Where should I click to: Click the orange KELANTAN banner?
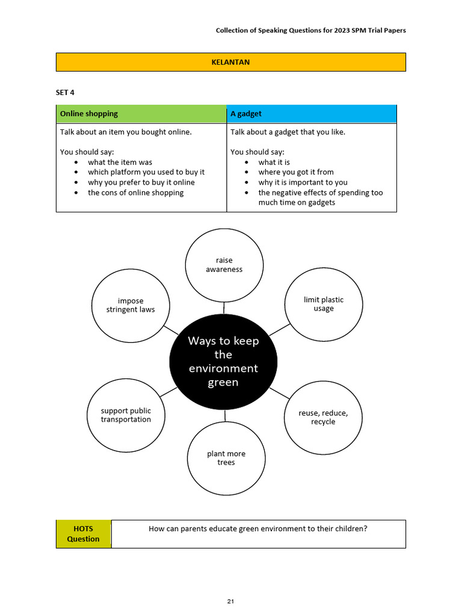230,62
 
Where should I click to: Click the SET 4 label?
66,93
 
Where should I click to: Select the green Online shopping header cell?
141,114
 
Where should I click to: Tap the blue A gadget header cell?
312,114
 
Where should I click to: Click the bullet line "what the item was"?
120,162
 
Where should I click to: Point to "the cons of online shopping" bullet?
135,192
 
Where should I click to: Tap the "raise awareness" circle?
224,265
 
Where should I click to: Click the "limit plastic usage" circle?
323,304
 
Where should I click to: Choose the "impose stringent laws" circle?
131,305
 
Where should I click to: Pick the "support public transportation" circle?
126,415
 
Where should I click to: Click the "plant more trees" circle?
226,458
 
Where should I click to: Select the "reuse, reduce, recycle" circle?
323,417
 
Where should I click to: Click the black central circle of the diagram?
223,362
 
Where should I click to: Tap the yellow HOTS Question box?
83,534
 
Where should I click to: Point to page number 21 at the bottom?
230,601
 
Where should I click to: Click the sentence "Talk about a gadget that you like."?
288,132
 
